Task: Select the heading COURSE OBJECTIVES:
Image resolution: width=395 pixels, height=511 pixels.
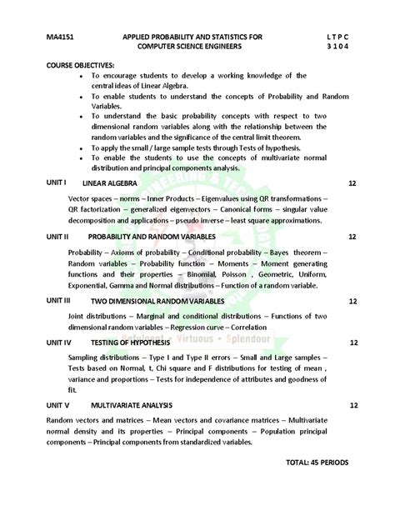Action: (81, 64)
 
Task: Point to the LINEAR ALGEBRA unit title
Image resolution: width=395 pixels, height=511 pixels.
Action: (110, 182)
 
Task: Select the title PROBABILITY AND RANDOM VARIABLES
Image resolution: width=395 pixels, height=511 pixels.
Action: (152, 238)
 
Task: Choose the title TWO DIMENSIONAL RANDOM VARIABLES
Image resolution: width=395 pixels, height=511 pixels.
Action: (157, 301)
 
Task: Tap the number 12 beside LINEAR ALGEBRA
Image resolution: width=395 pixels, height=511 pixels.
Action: (352, 182)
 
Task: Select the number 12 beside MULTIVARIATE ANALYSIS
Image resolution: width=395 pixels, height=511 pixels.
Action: (353, 405)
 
